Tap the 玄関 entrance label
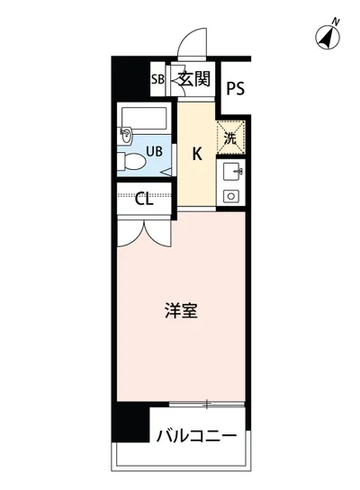pos(193,79)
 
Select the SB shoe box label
pos(157,79)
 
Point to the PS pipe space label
pos(236,88)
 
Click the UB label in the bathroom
pos(154,152)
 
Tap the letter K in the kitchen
pos(196,153)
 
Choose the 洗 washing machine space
pos(230,138)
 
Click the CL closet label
pos(144,200)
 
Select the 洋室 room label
pos(181,312)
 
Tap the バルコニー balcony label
pos(195,438)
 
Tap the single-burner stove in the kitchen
pos(231,195)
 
